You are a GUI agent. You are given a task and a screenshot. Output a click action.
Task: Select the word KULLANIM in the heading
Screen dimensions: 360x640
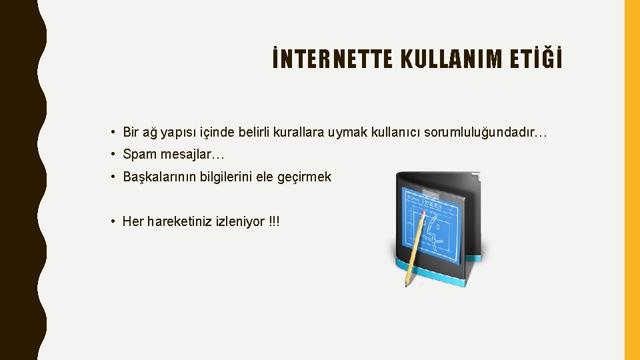pos(453,60)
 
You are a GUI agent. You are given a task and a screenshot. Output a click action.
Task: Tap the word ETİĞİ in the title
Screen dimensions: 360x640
pos(539,60)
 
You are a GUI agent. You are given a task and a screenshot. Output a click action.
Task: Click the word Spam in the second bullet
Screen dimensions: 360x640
pos(138,155)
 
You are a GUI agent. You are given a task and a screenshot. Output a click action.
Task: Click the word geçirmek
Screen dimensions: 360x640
pos(306,177)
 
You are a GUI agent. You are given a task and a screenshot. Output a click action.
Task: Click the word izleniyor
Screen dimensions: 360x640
pos(240,221)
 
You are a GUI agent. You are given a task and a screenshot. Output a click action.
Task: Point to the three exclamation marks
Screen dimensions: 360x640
pos(274,221)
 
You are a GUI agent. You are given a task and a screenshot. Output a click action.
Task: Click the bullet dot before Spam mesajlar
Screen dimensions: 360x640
pos(115,155)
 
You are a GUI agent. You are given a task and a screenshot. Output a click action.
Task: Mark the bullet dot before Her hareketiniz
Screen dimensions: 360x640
pos(115,221)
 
